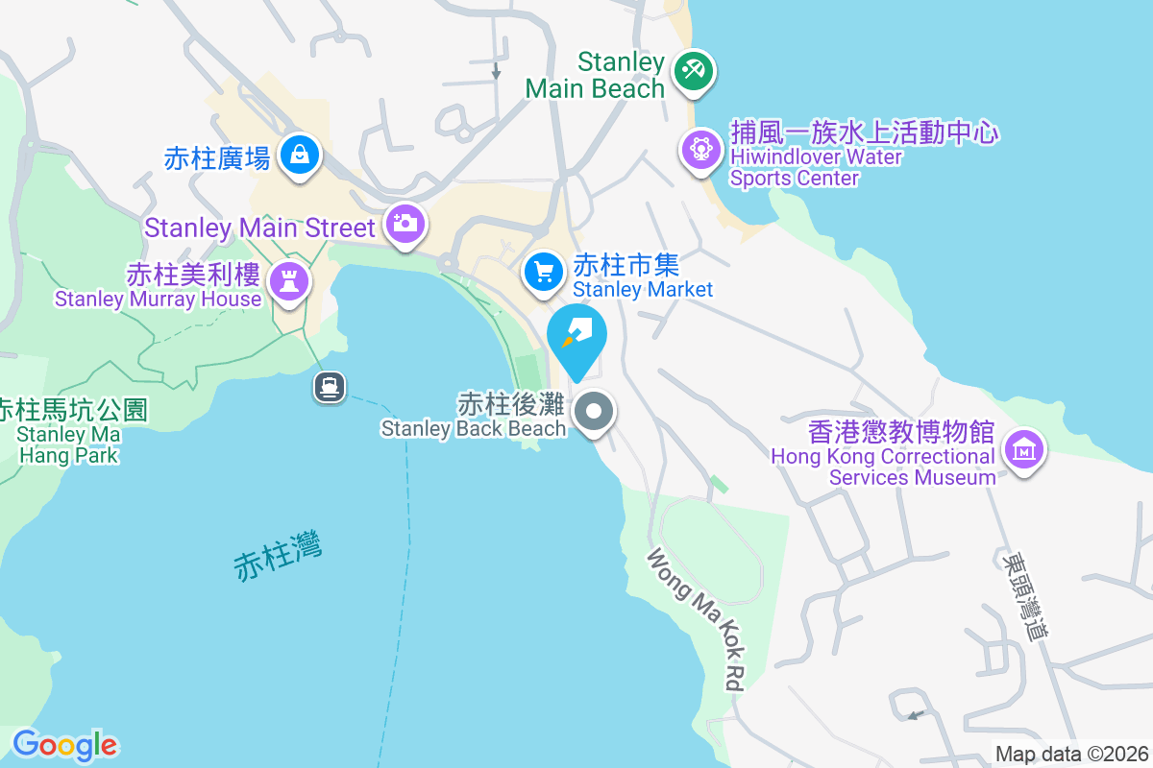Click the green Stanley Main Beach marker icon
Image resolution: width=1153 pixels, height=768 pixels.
[x=694, y=70]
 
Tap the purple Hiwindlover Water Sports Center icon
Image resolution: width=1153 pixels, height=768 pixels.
[x=701, y=149]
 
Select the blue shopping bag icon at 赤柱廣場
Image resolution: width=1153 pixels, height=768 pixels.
[x=300, y=154]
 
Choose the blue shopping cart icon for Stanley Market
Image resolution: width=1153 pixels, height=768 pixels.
[x=544, y=272]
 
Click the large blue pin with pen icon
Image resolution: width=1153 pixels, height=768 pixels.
[x=577, y=336]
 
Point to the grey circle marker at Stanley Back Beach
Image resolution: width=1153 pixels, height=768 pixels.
[x=594, y=414]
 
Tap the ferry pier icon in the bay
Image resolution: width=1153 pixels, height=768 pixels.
[x=329, y=387]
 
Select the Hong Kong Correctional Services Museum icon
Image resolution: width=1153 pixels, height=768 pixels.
[x=1024, y=448]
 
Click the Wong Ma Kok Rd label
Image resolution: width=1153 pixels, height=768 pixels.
[x=697, y=619]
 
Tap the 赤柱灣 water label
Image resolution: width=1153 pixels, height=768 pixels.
[x=278, y=556]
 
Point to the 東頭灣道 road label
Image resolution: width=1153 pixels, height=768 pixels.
[x=1022, y=595]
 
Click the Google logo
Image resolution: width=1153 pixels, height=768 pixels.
[x=65, y=745]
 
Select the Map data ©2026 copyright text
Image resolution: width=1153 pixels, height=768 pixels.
[x=1071, y=755]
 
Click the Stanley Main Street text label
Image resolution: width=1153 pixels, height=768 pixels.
[x=259, y=228]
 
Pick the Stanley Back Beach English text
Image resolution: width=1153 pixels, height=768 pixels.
[x=474, y=429]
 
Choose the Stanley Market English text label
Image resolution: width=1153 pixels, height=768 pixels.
[x=643, y=289]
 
